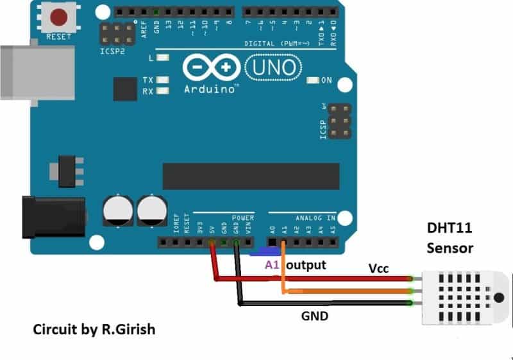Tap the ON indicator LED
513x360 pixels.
pyautogui.click(x=313, y=80)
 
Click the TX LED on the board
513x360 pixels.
pyautogui.click(x=162, y=81)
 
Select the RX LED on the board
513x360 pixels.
pyautogui.click(x=162, y=91)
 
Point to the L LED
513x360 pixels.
pyautogui.click(x=162, y=58)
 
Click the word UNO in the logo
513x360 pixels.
pyautogui.click(x=271, y=66)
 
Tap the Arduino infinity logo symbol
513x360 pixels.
pyautogui.click(x=210, y=67)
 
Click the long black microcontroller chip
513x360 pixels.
pyautogui.click(x=251, y=176)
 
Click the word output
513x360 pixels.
pyautogui.click(x=307, y=264)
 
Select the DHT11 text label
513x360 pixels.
pyautogui.click(x=450, y=228)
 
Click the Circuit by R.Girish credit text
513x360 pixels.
pyautogui.click(x=94, y=329)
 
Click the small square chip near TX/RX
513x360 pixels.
pyautogui.click(x=125, y=89)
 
